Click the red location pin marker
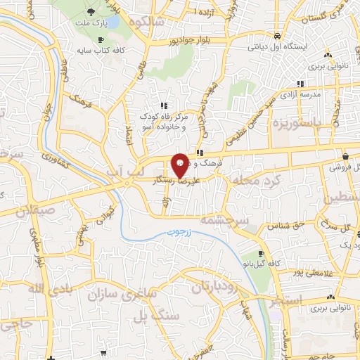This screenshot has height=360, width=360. (x=180, y=165)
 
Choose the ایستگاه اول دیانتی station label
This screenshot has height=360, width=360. (x=278, y=48)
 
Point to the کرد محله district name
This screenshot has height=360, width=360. (x=258, y=181)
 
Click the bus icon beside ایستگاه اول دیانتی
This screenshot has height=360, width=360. (x=278, y=36)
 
